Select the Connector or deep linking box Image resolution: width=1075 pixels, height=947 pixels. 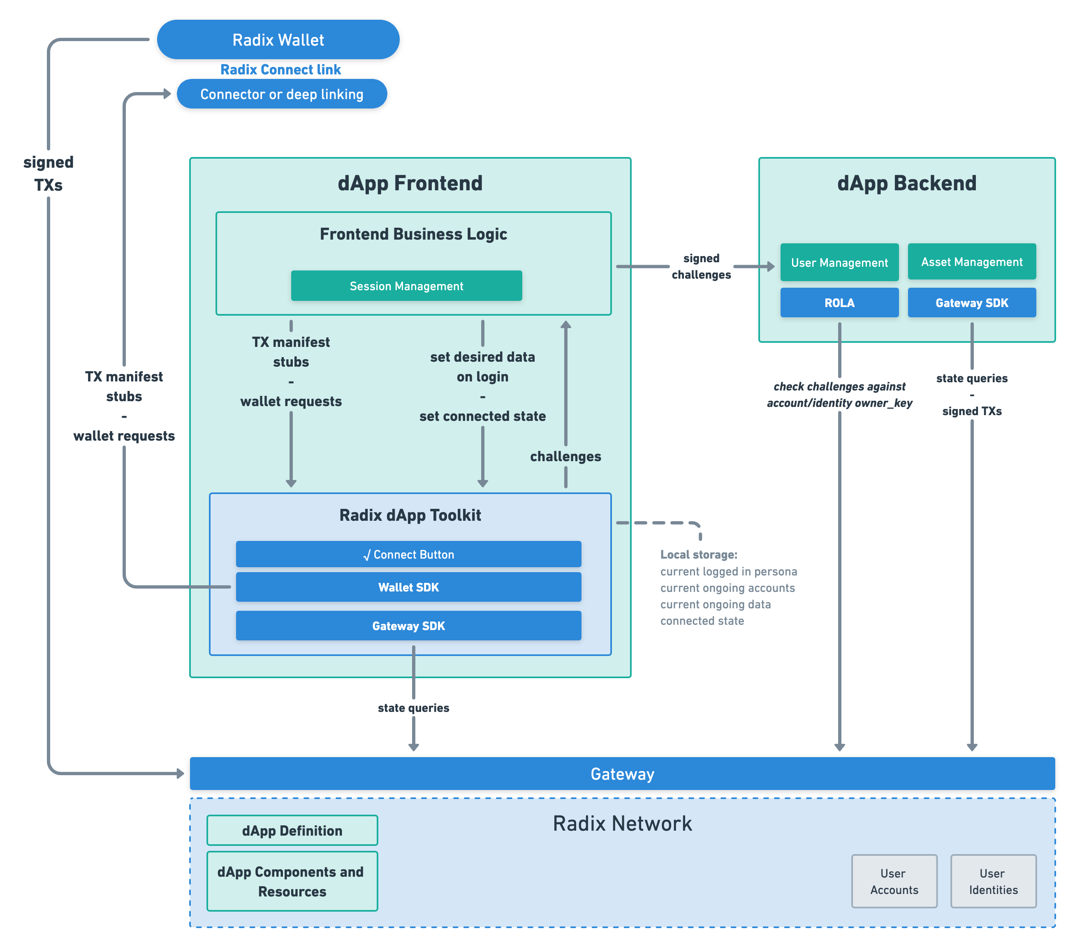coord(282,94)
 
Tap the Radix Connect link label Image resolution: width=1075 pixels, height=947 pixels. coord(280,69)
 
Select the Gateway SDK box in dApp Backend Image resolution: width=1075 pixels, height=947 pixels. coord(971,303)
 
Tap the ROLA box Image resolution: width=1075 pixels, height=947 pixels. coord(839,303)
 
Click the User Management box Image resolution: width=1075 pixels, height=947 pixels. coord(839,262)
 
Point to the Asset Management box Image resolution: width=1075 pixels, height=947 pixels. coord(971,262)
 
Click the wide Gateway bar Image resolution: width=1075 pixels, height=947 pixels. coord(622,774)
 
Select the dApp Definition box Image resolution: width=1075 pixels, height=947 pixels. coord(292,830)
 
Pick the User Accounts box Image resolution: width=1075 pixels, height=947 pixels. coord(894,881)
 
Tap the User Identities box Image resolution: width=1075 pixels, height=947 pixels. coord(993,881)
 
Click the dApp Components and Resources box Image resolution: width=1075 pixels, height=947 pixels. coord(292,881)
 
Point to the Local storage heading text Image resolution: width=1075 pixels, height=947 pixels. coord(698,554)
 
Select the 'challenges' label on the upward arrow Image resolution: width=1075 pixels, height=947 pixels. coord(565,456)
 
